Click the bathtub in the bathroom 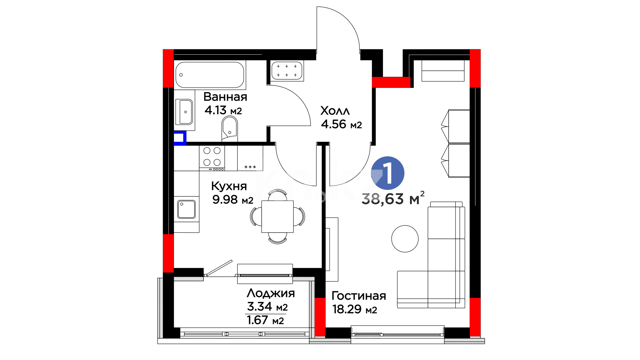210,75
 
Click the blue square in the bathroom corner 180,138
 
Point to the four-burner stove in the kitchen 212,157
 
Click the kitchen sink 186,209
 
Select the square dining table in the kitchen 277,216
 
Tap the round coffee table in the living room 405,239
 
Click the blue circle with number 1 388,173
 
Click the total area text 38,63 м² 393,198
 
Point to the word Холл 335,111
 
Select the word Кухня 229,186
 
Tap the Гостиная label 359,296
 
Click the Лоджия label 271,293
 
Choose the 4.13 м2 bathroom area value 223,110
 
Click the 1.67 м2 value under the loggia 265,320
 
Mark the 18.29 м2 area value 355,309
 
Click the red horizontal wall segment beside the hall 391,82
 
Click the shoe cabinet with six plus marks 287,71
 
